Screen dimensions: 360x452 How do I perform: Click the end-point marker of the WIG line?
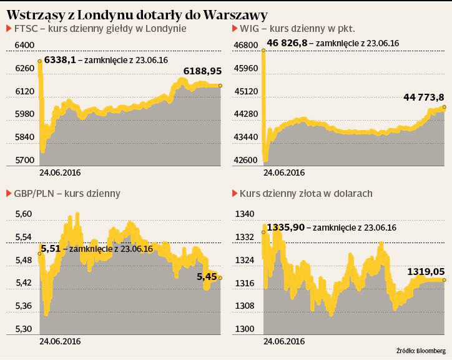pyautogui.click(x=444, y=107)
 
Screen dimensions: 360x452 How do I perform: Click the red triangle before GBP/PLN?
pyautogui.click(x=8, y=194)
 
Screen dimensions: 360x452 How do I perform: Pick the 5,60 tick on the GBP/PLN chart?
pyautogui.click(x=23, y=214)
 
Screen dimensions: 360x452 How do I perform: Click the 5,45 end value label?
pyautogui.click(x=206, y=276)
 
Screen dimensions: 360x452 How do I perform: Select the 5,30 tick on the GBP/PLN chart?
pyautogui.click(x=23, y=329)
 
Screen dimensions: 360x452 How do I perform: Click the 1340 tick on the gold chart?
pyautogui.click(x=243, y=214)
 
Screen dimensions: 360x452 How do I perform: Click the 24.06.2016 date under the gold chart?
pyautogui.click(x=283, y=341)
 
